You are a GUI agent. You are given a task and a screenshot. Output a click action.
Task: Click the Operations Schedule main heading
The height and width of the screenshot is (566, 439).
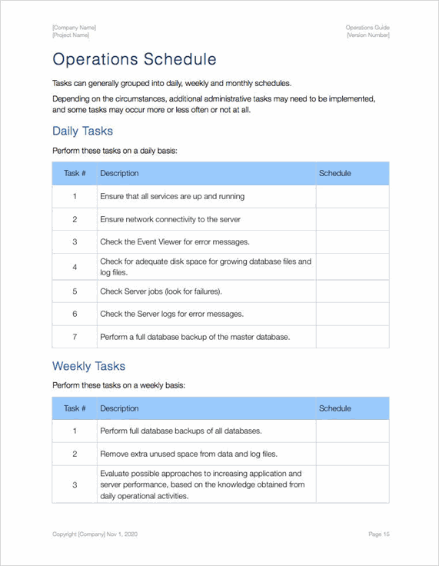point(134,60)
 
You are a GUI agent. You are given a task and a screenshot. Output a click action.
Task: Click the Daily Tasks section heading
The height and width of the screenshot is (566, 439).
point(82,132)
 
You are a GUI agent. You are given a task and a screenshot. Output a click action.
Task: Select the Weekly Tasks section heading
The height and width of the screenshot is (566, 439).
point(88,366)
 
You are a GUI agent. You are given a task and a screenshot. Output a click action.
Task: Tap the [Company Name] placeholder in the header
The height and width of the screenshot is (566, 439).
point(74,28)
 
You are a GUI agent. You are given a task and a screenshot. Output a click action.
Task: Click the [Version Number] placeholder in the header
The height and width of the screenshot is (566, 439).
point(367,35)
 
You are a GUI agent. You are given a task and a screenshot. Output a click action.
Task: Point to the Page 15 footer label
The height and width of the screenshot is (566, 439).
point(379,534)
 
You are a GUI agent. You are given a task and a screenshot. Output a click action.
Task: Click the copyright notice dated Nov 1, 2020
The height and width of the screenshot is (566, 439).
point(95,534)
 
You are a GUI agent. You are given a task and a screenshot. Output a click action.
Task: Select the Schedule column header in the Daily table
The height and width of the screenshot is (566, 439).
point(334,174)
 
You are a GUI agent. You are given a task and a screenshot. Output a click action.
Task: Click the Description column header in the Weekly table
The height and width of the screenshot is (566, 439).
point(119,408)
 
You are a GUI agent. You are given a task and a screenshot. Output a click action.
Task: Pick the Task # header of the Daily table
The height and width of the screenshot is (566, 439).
point(75,174)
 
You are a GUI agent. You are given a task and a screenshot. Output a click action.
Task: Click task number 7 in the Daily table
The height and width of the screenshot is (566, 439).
point(75,337)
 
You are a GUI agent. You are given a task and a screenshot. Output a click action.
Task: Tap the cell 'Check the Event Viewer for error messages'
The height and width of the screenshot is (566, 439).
point(174,242)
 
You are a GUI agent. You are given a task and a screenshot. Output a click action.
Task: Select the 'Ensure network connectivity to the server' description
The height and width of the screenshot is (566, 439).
point(170,219)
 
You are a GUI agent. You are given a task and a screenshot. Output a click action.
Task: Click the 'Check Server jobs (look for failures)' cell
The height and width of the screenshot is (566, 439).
point(161,291)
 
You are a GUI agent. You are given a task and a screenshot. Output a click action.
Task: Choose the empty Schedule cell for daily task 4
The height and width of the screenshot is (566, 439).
point(351,267)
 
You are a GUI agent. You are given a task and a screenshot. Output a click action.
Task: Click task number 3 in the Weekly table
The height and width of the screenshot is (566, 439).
point(75,484)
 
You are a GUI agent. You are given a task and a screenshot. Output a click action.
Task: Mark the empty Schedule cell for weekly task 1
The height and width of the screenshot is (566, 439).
point(351,431)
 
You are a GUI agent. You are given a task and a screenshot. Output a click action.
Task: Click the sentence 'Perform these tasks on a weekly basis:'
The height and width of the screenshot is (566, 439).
point(118,385)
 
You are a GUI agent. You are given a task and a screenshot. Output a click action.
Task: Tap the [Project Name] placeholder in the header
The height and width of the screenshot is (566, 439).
point(71,35)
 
